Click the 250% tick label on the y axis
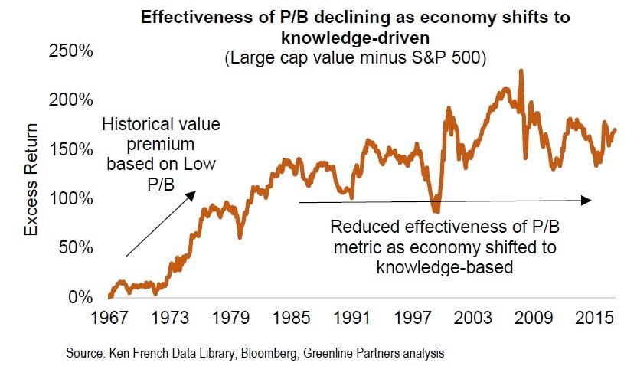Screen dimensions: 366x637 71,51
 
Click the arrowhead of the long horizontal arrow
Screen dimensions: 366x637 587,201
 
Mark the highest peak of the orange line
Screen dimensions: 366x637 521,71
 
